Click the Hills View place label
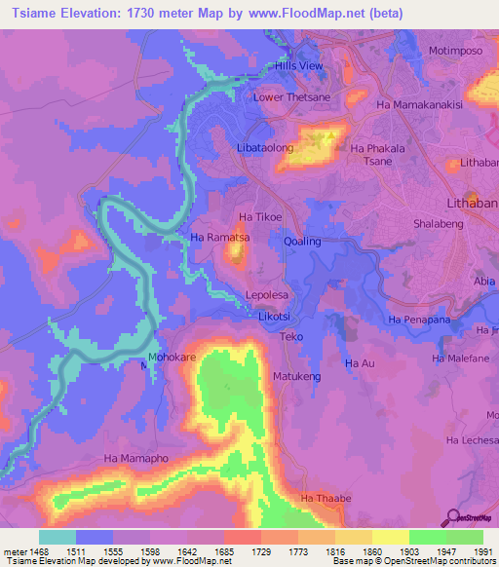(x=298, y=65)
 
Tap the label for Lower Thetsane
(x=288, y=97)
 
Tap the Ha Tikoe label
(x=260, y=216)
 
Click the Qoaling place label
(x=302, y=240)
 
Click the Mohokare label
(x=173, y=358)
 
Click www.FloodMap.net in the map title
(x=302, y=13)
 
